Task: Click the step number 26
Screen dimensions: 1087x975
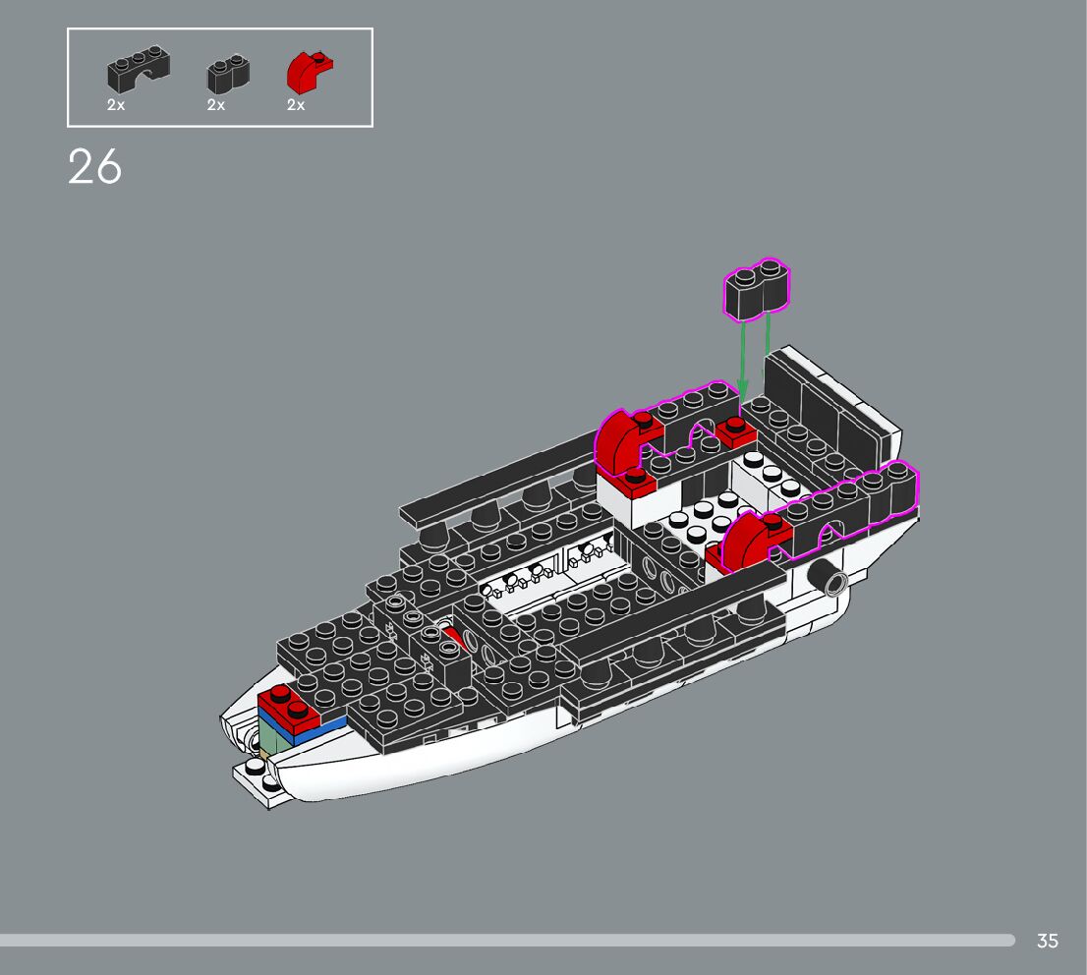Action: click(x=95, y=167)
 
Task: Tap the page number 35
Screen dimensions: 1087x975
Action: click(x=1048, y=941)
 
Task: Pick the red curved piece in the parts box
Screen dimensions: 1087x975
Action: click(x=309, y=74)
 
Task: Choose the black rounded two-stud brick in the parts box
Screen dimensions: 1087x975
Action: click(x=228, y=75)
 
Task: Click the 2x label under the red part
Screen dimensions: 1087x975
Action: click(x=296, y=105)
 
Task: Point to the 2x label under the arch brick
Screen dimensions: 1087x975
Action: click(x=116, y=105)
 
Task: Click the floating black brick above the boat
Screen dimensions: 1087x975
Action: click(x=757, y=289)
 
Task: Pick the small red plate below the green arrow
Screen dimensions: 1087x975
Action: click(x=734, y=432)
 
